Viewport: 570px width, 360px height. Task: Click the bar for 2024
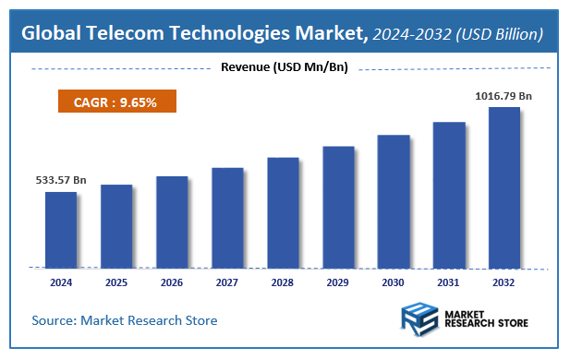click(x=61, y=230)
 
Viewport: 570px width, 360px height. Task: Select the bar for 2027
click(x=227, y=218)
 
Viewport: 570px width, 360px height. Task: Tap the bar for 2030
click(x=394, y=201)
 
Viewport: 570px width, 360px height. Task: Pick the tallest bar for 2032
click(x=503, y=187)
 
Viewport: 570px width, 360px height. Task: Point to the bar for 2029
click(x=338, y=207)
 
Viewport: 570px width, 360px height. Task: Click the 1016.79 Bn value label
click(x=503, y=95)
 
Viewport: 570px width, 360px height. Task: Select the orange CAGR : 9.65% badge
click(x=115, y=102)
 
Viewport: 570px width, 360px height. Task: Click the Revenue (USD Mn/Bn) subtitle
click(x=285, y=67)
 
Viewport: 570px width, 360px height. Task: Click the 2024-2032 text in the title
click(x=413, y=34)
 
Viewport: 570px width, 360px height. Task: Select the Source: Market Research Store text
click(x=125, y=320)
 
